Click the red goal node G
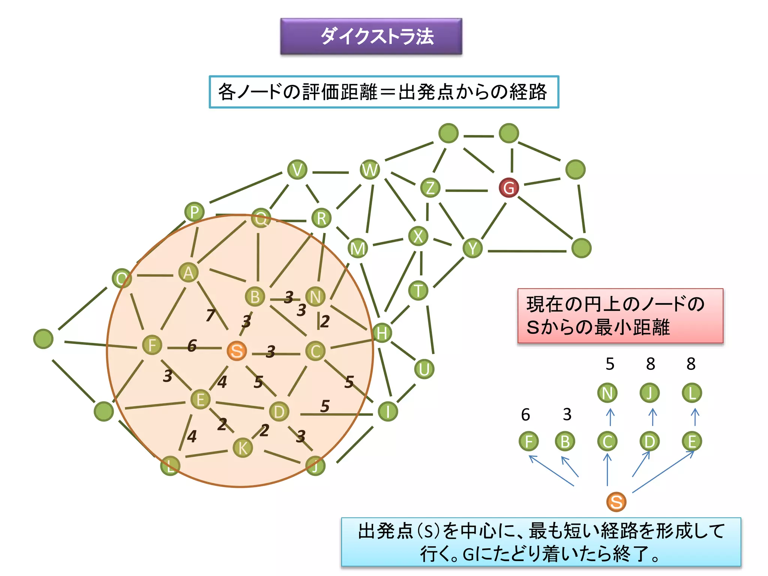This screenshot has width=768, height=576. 508,187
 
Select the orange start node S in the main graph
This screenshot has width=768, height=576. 237,351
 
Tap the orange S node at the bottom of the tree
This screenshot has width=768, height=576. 616,502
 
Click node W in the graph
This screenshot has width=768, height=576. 370,169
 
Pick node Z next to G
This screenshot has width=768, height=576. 430,188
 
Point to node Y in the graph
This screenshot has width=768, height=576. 472,248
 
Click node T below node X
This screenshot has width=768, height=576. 418,291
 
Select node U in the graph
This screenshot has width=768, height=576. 424,369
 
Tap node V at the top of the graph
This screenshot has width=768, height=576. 297,169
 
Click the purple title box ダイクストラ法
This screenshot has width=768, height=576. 371,36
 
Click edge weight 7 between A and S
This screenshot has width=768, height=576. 211,315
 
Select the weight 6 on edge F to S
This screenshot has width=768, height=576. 192,345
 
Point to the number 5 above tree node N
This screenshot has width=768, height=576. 610,364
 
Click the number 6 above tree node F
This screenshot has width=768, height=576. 525,415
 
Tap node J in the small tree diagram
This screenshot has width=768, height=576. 649,393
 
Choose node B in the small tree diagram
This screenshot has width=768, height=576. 565,441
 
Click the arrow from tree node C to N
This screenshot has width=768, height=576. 610,417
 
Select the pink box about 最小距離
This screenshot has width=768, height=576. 620,316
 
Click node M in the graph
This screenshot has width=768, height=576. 357,248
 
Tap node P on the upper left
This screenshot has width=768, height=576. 194,212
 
